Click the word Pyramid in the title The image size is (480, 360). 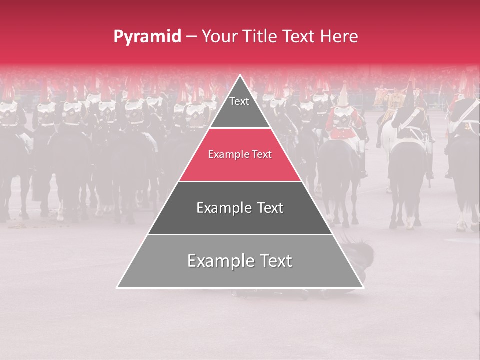tap(147, 37)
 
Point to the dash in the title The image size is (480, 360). tap(192, 37)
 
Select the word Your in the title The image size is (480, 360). tap(221, 37)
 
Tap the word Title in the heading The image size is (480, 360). tap(261, 37)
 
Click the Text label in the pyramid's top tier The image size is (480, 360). tap(239, 102)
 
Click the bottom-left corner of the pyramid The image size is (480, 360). tap(117, 287)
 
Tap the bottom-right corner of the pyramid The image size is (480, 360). tap(363, 287)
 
